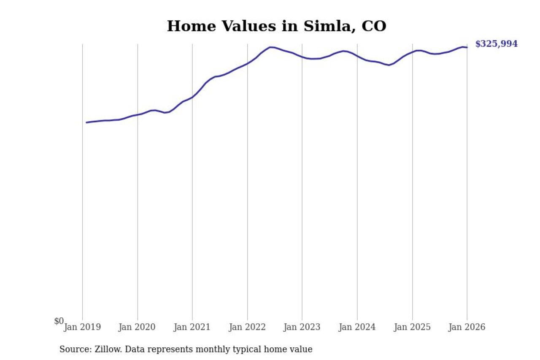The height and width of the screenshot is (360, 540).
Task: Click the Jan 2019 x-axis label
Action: (x=82, y=327)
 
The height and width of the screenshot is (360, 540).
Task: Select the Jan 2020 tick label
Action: (x=137, y=327)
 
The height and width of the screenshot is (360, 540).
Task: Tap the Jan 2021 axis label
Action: (x=192, y=327)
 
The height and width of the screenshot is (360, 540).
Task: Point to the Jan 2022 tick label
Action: (x=247, y=327)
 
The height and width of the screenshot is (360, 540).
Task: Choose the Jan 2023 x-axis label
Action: (x=302, y=327)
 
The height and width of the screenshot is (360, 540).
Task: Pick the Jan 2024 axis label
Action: (x=357, y=327)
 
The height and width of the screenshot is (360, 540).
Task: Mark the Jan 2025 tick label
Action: (x=412, y=327)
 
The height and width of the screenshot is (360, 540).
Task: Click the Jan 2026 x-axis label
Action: (x=467, y=327)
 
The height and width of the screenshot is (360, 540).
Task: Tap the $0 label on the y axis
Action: (x=59, y=321)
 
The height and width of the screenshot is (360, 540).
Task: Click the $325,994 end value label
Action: (x=496, y=44)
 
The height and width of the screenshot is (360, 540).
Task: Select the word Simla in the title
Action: (x=324, y=26)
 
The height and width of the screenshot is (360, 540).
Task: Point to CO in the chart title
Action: (x=373, y=26)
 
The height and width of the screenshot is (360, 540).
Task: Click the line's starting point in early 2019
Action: (x=86, y=122)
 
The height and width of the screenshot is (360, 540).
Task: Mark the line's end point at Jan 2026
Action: (x=467, y=47)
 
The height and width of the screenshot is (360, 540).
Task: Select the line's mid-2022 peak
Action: (x=270, y=47)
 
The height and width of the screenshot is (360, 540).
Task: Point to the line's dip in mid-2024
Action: (x=389, y=65)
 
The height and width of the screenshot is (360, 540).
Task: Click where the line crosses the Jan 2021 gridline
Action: (x=192, y=97)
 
